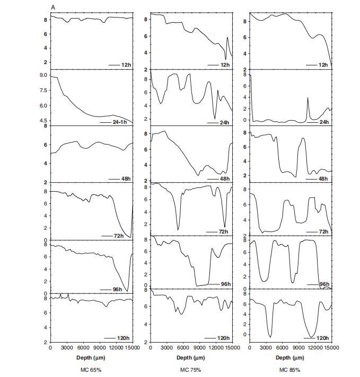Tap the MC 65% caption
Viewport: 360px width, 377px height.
click(91, 369)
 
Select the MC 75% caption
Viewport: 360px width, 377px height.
click(191, 369)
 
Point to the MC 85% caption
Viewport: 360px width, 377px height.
click(291, 369)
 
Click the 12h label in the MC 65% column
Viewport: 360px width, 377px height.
click(126, 65)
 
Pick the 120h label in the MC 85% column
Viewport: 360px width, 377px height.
click(323, 338)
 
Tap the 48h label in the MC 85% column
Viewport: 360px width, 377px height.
click(323, 179)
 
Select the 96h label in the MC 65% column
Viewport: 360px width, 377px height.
click(118, 289)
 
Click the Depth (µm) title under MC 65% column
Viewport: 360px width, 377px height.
click(91, 357)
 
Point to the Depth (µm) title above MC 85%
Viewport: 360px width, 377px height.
click(291, 357)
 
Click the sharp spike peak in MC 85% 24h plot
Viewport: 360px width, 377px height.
click(308, 97)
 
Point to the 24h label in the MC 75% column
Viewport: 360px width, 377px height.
click(225, 123)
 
